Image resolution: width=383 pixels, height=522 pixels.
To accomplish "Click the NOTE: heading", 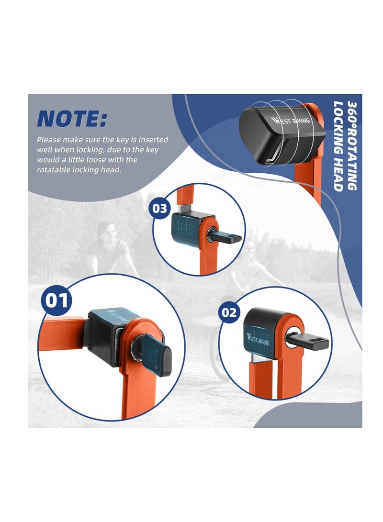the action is (x=72, y=118).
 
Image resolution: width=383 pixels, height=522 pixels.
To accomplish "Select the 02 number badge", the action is (x=229, y=312).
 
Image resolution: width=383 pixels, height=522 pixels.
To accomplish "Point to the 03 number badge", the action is (x=159, y=209).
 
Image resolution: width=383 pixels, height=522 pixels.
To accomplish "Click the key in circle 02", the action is (x=307, y=342).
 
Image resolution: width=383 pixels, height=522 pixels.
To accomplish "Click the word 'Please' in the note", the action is (x=49, y=140).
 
